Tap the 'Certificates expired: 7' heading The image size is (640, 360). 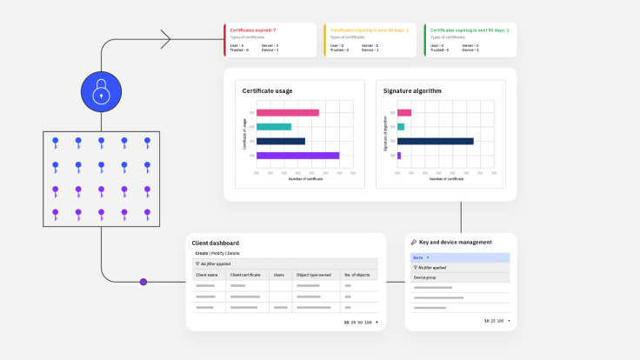pos(252,30)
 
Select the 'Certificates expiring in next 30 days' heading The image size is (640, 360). pos(366,30)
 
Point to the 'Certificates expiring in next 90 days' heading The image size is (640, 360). pos(470,30)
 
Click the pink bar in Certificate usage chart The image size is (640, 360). pos(287,112)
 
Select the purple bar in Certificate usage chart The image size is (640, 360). pos(297,156)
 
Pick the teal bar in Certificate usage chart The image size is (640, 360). pos(274,127)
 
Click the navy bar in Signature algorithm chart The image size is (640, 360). pos(435,141)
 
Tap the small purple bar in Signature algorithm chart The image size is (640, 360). pos(399,156)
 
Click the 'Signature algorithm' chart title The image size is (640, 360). pos(412,90)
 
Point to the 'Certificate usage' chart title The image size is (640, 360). pos(267,90)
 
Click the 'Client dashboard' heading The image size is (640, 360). pos(215,243)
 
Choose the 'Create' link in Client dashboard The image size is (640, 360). pos(201,253)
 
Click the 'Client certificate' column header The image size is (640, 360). pos(247,274)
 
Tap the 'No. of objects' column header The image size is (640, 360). pos(357,274)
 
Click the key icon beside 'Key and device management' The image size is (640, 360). pos(413,243)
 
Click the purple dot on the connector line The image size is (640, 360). pos(143,282)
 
